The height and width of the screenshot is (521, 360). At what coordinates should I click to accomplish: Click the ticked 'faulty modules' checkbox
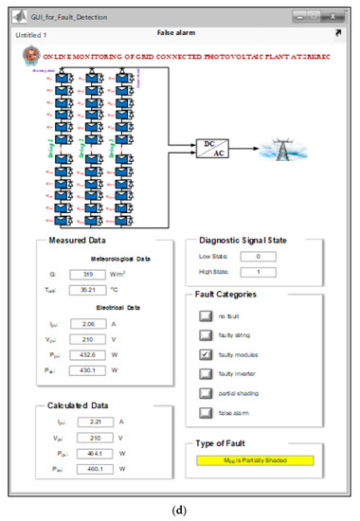pyautogui.click(x=206, y=353)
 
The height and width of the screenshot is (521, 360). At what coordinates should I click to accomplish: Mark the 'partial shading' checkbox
pyautogui.click(x=206, y=392)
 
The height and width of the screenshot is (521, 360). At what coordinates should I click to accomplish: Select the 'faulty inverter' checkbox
pyautogui.click(x=206, y=373)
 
